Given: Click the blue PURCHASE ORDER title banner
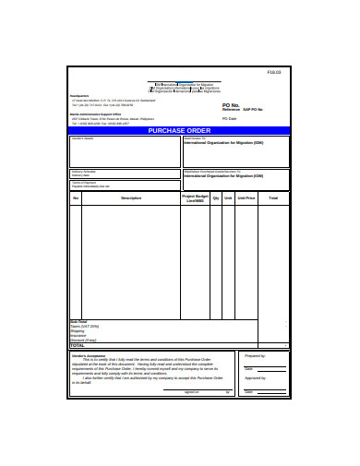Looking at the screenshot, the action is (180, 131).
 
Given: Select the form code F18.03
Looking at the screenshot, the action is (273, 72).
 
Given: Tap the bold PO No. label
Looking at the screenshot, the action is (232, 105).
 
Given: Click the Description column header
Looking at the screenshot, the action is (130, 197).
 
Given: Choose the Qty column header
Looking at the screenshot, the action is (216, 197).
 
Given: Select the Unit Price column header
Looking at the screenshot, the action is (246, 197).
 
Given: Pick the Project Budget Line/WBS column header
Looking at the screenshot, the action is (194, 198).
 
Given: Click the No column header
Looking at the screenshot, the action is (77, 197).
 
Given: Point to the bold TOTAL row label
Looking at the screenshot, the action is (78, 345).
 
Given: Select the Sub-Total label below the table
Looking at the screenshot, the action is (78, 322).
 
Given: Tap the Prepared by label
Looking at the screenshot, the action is (254, 354).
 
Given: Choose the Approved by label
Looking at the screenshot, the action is (254, 376).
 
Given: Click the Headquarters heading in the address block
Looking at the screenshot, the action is (80, 96).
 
